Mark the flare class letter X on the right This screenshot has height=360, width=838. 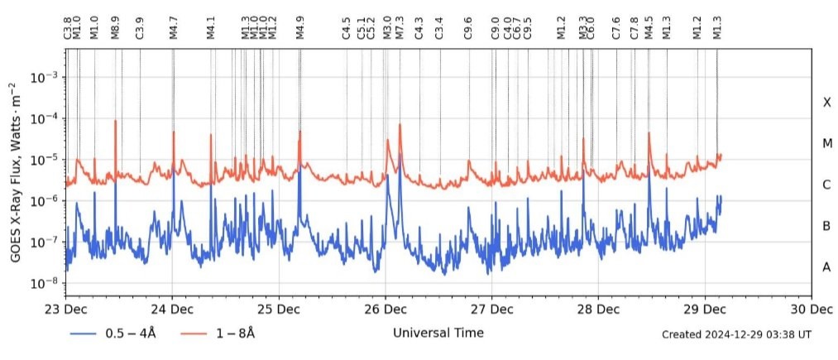pyautogui.click(x=826, y=103)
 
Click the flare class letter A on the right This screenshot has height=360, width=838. pyautogui.click(x=826, y=267)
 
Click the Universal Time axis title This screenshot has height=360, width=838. pyautogui.click(x=438, y=333)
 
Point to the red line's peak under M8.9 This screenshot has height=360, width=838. pyautogui.click(x=115, y=121)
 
